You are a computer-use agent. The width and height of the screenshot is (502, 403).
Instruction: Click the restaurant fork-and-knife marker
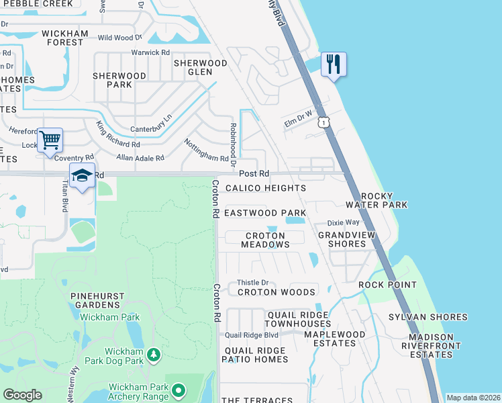(x=334, y=64)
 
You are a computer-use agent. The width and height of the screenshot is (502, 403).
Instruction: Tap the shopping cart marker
(x=50, y=140)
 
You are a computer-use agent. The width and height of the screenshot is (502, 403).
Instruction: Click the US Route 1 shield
(x=324, y=122)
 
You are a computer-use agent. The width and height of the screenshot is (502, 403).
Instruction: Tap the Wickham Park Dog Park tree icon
(x=154, y=354)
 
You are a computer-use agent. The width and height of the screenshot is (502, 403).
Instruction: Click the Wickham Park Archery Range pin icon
(x=178, y=390)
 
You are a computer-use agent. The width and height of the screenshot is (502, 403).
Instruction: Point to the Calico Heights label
(x=266, y=189)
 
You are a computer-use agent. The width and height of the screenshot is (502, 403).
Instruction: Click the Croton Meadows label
(x=265, y=240)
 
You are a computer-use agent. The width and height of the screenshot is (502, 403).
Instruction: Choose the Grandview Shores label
(x=346, y=239)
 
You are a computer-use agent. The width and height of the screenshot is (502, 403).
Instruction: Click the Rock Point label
(x=387, y=285)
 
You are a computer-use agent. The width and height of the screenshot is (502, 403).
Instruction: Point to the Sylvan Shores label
(x=428, y=317)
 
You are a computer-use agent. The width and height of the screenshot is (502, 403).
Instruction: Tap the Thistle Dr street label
(x=252, y=283)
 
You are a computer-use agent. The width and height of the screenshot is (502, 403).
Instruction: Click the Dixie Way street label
(x=343, y=222)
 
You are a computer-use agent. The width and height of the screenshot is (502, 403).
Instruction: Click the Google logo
(x=22, y=395)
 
